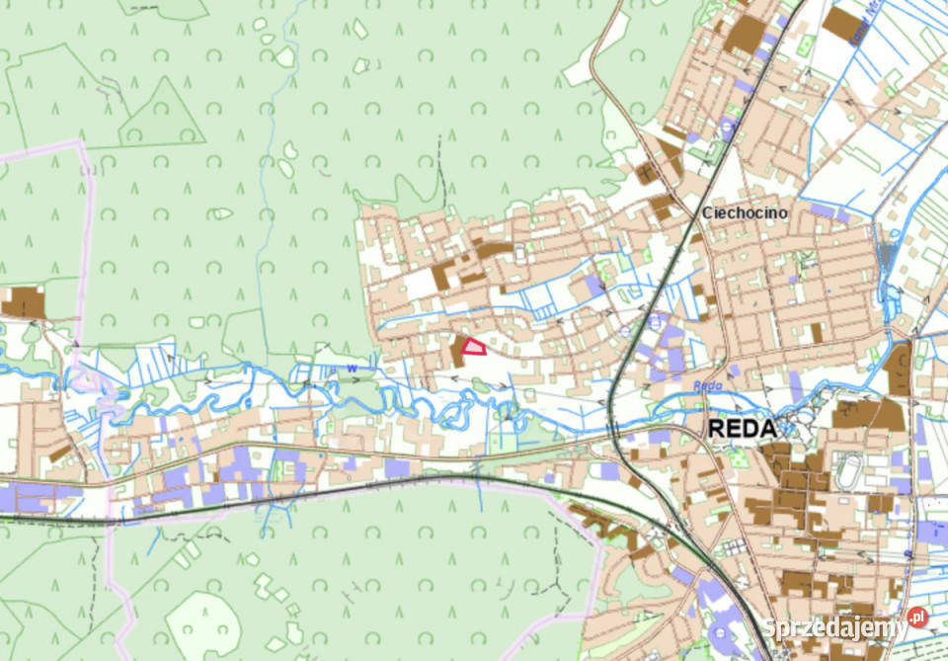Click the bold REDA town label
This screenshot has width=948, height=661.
pos(742,428)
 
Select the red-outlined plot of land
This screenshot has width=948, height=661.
pos(474,346)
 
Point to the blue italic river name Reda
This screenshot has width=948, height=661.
pos(702,386)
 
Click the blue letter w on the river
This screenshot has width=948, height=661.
pos(351,370)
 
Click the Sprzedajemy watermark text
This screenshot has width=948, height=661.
pos(834,626)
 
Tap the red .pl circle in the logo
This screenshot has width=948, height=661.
pos(917,618)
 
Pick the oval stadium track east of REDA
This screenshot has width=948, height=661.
pos(847,472)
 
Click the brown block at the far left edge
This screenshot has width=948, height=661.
pos(22,302)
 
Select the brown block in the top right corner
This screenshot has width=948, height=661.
pos(842,25)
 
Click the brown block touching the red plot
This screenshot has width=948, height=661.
pos(458,352)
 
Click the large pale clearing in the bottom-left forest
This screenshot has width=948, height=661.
pos(202,621)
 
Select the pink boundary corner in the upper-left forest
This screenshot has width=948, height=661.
pos(81,145)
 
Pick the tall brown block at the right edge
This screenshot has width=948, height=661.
pos(899,368)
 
